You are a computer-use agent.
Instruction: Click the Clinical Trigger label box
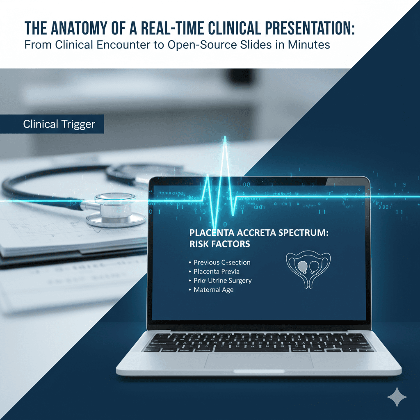tap(52, 124)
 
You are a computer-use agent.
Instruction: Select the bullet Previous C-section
tap(221, 262)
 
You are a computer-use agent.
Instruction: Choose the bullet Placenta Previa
tap(217, 272)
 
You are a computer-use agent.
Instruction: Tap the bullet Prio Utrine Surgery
tap(222, 281)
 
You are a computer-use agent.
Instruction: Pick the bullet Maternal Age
tap(213, 290)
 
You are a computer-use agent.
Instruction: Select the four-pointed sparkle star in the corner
tap(397, 397)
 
